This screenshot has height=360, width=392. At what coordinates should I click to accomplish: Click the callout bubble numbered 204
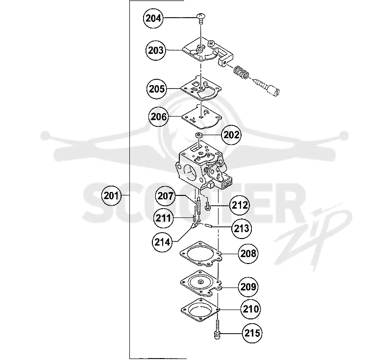pos(153,18)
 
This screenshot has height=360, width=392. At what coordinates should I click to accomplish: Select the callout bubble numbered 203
pos(156,50)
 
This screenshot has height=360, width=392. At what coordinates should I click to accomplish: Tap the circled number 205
pos(156,89)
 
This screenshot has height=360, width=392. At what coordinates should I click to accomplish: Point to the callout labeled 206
pos(158,117)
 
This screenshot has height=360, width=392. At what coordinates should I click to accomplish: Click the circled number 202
pos(231,135)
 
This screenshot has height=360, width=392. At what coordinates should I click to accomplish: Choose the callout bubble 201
pos(111,195)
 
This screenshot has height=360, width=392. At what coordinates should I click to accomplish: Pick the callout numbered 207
pos(165,196)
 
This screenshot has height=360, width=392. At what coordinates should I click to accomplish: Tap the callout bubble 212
pos(240,205)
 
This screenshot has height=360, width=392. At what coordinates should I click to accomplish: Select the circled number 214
pos(162,242)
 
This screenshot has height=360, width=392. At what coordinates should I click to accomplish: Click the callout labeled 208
pos(248,254)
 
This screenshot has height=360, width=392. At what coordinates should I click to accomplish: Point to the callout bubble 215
pos(252,333)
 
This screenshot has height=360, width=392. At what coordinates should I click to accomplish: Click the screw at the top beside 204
pos(201,19)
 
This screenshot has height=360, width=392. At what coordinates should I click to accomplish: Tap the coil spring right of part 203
pos(241,72)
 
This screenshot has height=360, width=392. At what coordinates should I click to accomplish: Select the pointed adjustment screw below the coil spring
pos(266,86)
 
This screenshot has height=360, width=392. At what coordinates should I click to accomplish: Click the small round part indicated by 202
pos(199,135)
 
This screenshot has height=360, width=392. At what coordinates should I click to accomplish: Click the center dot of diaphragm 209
pos(200,282)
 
